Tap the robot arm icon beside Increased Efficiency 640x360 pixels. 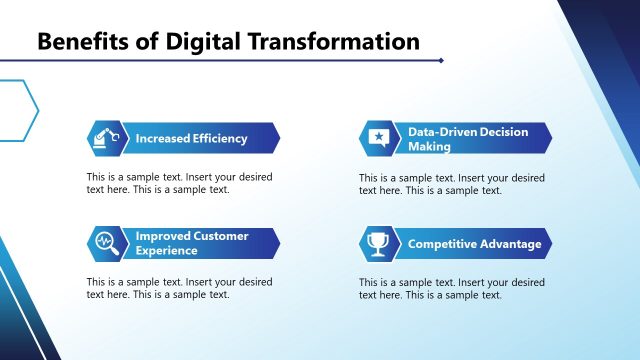[x=105, y=137]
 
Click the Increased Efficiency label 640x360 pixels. [x=191, y=138]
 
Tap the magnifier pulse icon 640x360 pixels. [x=105, y=243]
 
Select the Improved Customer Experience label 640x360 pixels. [x=192, y=243]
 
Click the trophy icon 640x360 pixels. [x=377, y=244]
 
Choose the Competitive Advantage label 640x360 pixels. [x=474, y=244]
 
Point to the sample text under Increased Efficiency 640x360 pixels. [x=178, y=183]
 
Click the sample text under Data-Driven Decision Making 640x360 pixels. [x=451, y=184]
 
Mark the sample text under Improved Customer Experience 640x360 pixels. [x=178, y=288]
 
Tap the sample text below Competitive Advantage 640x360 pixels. [x=451, y=288]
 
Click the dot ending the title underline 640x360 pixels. [x=441, y=61]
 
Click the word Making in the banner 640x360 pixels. [x=430, y=146]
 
